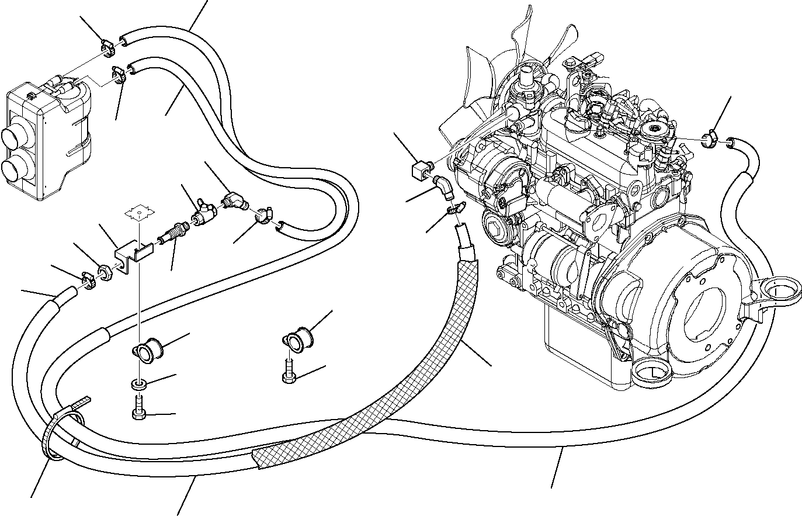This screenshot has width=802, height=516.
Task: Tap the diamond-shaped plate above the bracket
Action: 138,213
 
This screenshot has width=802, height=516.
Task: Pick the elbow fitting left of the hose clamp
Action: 233,201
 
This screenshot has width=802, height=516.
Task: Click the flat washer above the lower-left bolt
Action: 138,385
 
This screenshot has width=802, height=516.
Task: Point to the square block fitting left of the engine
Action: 420,171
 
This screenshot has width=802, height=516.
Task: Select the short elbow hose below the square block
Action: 443,188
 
